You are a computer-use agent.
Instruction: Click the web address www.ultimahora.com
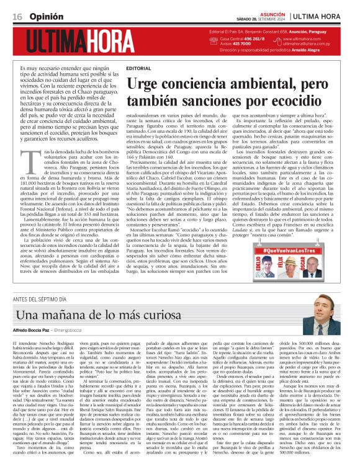(x=302, y=39)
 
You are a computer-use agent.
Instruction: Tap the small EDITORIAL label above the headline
(x=138, y=67)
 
